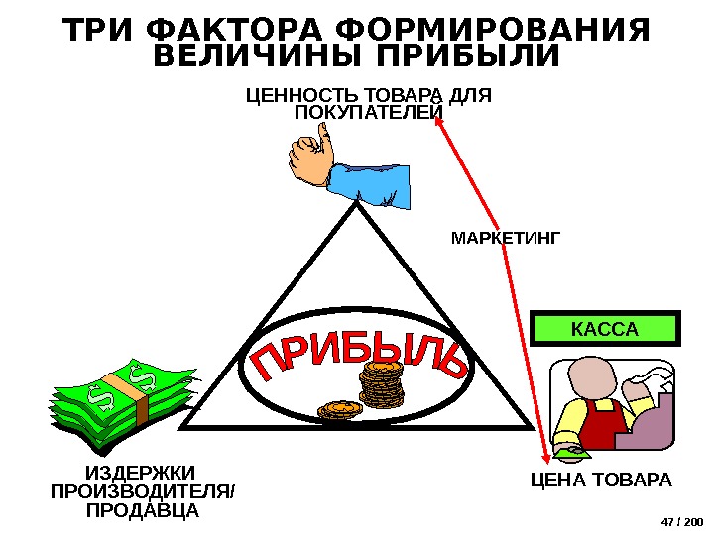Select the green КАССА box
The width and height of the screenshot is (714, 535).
[x=604, y=328]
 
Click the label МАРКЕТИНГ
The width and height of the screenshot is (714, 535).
[x=506, y=238]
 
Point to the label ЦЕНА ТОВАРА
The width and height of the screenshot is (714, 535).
[x=601, y=481]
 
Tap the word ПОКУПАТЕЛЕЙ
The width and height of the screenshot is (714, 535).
[x=369, y=113]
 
